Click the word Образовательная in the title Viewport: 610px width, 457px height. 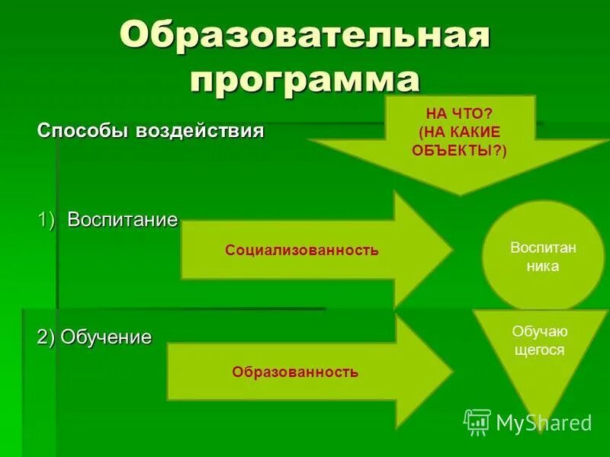[x=304, y=35]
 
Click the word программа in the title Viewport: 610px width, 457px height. [x=305, y=80]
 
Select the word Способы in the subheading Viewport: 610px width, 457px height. [x=84, y=130]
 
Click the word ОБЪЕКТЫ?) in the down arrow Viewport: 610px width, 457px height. [x=459, y=150]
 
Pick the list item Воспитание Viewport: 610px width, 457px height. [x=122, y=220]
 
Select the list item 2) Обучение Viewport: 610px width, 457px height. [x=95, y=337]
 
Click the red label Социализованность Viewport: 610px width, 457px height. [x=302, y=250]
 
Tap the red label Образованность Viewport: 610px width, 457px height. [x=295, y=372]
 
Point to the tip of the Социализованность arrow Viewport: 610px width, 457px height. [x=451, y=250]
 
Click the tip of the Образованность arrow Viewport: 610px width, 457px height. [x=451, y=372]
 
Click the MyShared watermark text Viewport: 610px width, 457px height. [x=544, y=423]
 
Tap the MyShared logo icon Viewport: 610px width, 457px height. [x=477, y=422]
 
